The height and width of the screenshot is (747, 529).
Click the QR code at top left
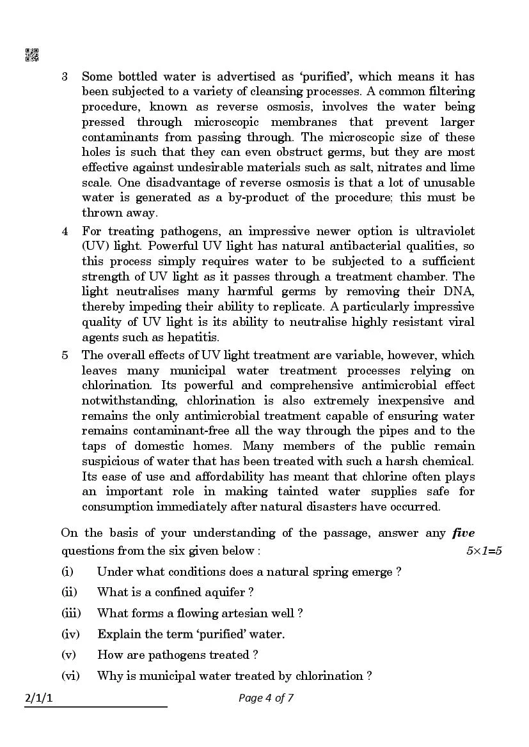pyautogui.click(x=31, y=55)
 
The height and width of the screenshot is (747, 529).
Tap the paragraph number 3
pyautogui.click(x=65, y=77)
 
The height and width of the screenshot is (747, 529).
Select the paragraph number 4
pyautogui.click(x=65, y=231)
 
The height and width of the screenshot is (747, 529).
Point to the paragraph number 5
pyautogui.click(x=65, y=355)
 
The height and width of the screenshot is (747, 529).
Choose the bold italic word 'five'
pyautogui.click(x=463, y=533)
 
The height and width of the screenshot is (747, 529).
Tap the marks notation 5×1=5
pyautogui.click(x=484, y=551)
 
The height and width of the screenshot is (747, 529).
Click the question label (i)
pyautogui.click(x=67, y=572)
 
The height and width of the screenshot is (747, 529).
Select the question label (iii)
pyautogui.click(x=71, y=613)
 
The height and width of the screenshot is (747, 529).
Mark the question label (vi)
pyautogui.click(x=70, y=675)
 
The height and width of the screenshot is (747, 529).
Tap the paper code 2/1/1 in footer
pyautogui.click(x=38, y=698)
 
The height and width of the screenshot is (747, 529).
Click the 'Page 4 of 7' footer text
pyautogui.click(x=265, y=698)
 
